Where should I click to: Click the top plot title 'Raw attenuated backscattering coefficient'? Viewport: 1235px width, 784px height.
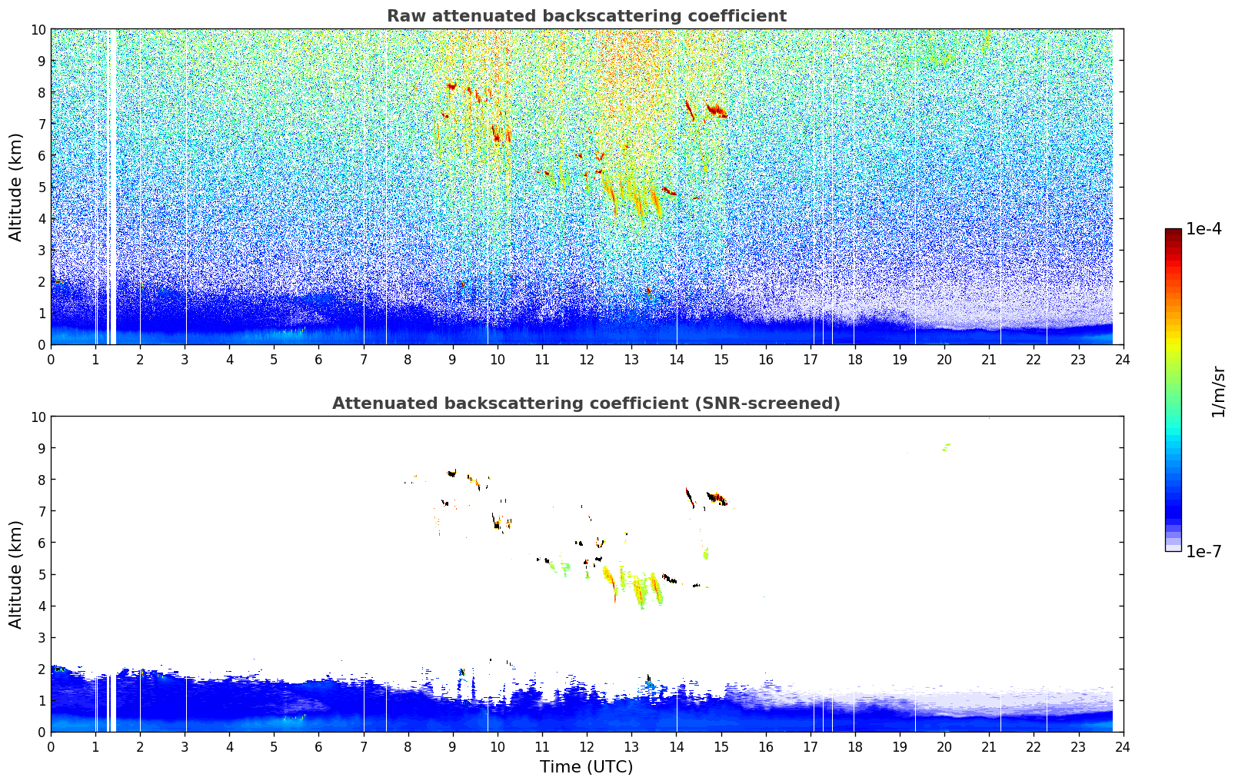click(x=587, y=16)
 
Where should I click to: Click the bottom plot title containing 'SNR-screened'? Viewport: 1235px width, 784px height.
click(x=586, y=404)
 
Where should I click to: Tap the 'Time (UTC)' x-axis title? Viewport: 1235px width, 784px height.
click(x=586, y=767)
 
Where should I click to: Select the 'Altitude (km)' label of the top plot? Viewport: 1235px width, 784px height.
click(x=15, y=188)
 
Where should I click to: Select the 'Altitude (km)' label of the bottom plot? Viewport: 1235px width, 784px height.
click(x=15, y=575)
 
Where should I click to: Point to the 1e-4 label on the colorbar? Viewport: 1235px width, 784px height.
click(x=1203, y=228)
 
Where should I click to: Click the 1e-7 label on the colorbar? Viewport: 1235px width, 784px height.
click(x=1203, y=552)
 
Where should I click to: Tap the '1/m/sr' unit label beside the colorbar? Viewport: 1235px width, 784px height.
click(x=1218, y=392)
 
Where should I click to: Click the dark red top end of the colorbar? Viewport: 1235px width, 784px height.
click(x=1173, y=231)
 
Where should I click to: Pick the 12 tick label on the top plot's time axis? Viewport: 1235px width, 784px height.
click(x=587, y=360)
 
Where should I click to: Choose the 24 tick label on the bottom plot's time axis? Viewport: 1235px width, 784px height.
click(x=1123, y=747)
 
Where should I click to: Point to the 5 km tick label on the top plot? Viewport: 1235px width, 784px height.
click(x=41, y=187)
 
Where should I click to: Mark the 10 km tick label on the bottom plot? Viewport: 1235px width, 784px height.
click(x=38, y=417)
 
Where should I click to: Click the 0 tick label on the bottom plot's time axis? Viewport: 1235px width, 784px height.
click(x=51, y=747)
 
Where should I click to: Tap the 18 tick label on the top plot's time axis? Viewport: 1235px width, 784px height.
click(x=854, y=360)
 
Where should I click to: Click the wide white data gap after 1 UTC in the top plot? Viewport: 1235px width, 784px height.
click(x=112, y=188)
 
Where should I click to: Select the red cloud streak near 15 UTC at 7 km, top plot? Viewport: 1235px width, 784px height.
click(x=717, y=111)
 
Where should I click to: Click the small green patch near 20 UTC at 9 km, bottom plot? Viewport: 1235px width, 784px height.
click(x=946, y=447)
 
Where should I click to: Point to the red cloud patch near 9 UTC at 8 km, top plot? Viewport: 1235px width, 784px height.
click(x=452, y=86)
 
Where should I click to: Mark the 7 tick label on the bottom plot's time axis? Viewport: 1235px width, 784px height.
click(x=363, y=747)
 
